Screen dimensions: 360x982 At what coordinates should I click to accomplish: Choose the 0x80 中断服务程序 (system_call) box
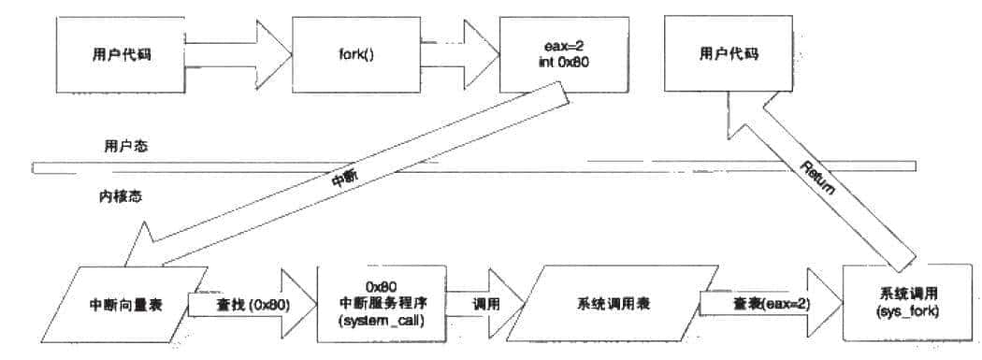tap(380, 304)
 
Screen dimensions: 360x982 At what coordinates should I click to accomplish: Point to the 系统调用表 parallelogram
tap(609, 304)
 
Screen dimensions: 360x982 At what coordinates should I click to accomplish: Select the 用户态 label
tap(125, 147)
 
